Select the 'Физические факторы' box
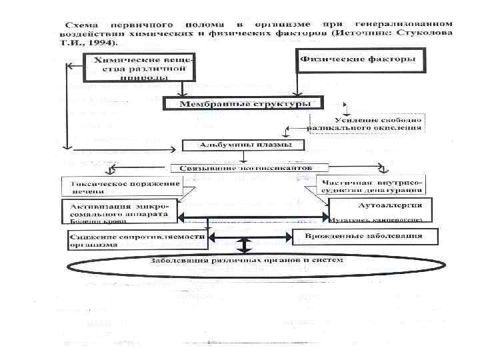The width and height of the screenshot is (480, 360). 358,60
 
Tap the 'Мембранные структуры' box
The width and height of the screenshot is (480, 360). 242,103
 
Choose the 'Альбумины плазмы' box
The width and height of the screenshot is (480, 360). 243,145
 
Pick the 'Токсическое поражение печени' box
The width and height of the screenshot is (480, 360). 123,187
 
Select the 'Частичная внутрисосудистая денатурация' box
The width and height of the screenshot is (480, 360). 374,187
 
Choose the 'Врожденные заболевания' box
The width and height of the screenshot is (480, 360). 366,237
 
